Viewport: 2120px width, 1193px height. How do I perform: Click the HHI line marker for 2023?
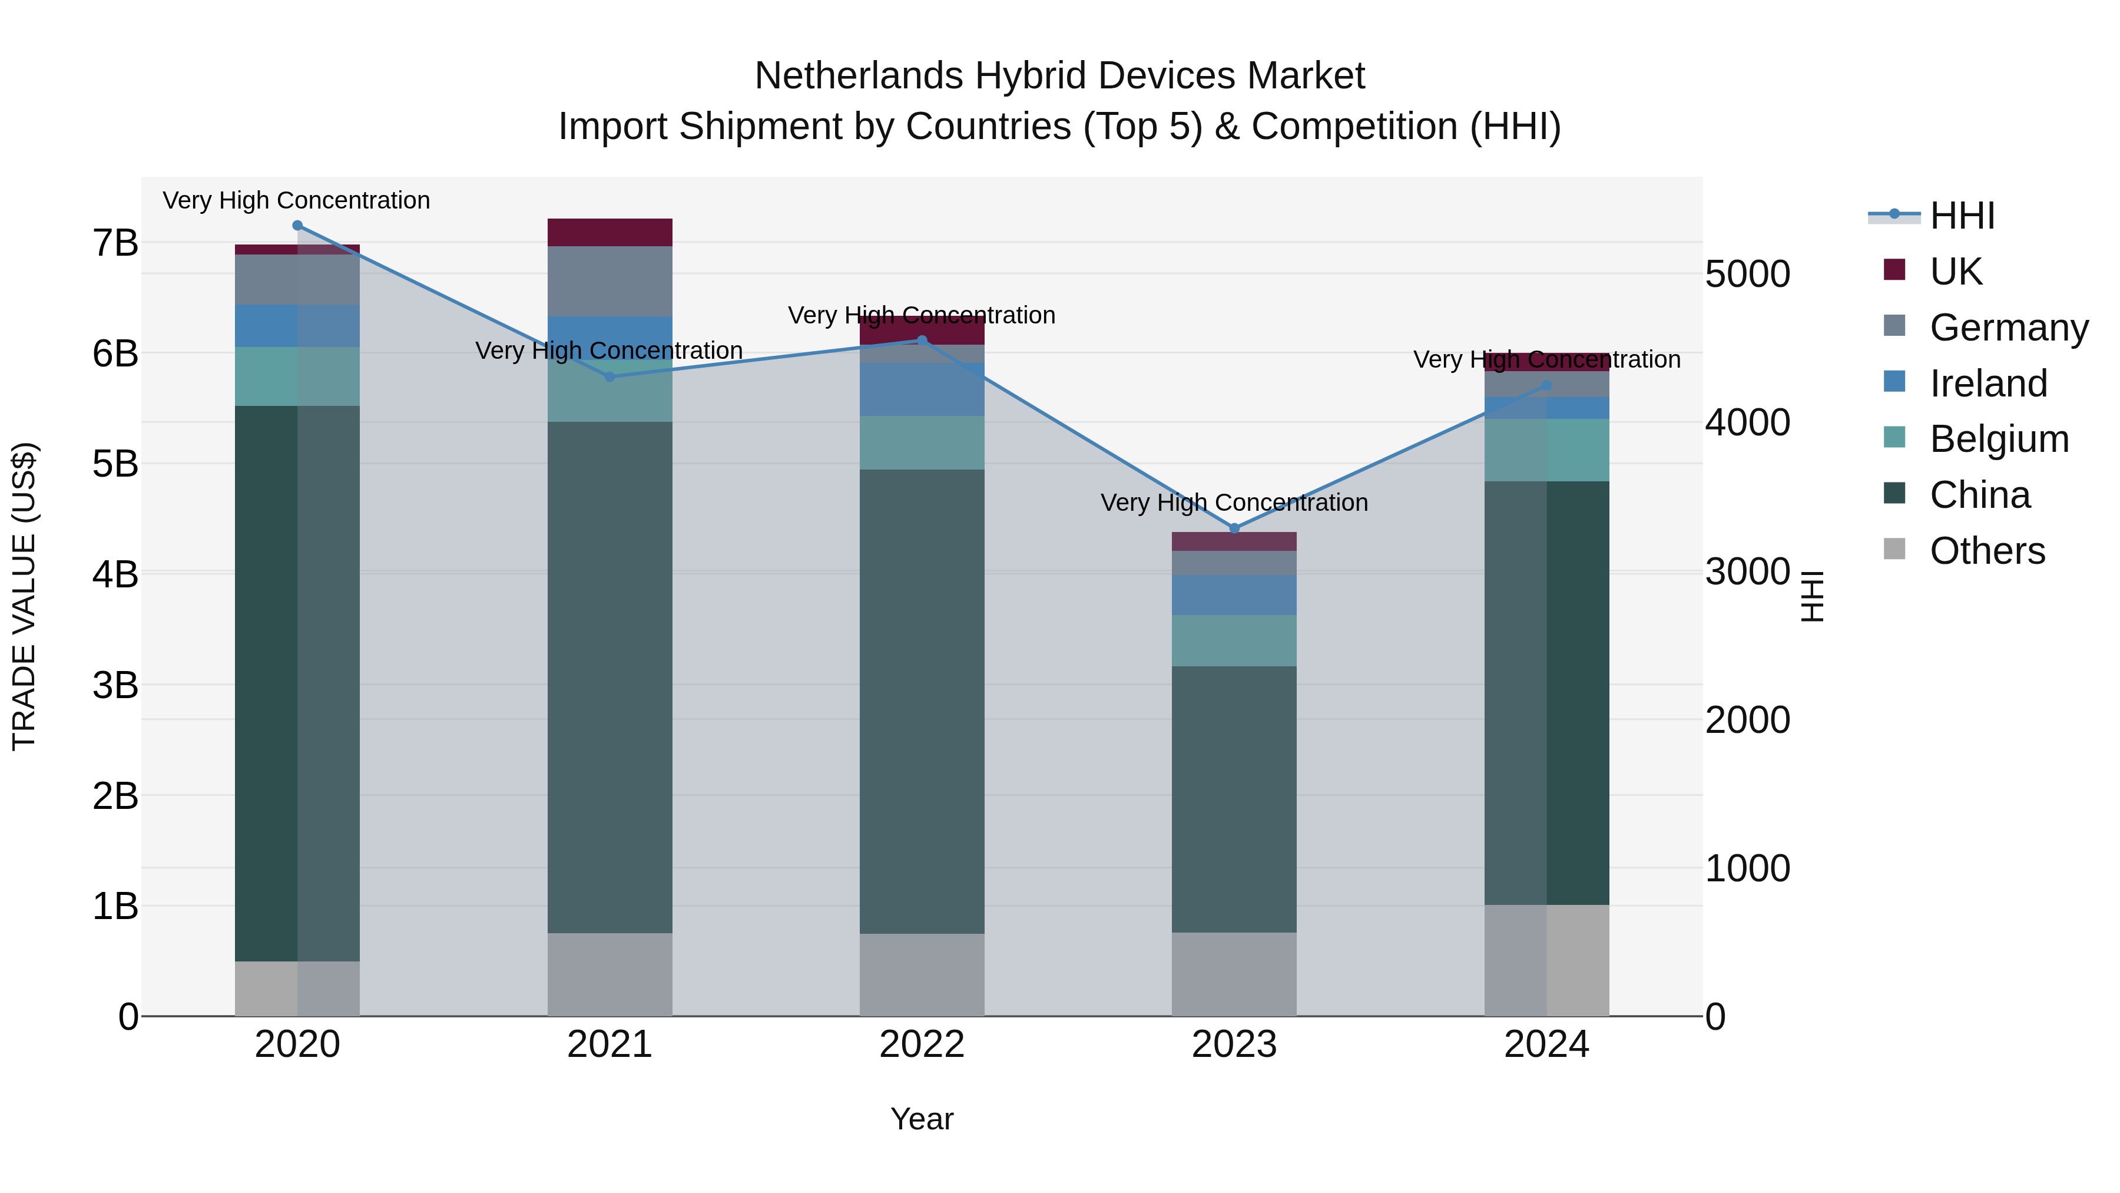1234,528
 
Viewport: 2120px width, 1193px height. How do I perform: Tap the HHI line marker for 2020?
297,226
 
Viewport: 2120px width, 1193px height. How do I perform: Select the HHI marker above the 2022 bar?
922,340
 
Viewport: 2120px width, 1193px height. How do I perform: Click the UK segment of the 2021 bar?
610,232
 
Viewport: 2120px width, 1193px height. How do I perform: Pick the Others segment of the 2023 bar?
1234,974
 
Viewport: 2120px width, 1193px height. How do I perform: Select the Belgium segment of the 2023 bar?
1234,640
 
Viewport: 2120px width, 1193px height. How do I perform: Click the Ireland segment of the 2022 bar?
922,389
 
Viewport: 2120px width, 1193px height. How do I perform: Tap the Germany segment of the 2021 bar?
610,282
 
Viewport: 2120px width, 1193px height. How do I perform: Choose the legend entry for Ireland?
1987,384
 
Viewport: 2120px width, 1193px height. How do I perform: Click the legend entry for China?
1979,495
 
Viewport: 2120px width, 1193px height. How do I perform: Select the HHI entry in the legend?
1961,216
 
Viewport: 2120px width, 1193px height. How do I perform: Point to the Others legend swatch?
1894,549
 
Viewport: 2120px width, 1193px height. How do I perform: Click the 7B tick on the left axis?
115,243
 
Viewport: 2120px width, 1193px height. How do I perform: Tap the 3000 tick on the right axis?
1747,571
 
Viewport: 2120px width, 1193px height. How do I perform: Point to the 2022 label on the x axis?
922,1045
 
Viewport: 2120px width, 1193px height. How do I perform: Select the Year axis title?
922,1119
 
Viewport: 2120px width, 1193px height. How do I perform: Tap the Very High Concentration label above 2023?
1234,502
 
